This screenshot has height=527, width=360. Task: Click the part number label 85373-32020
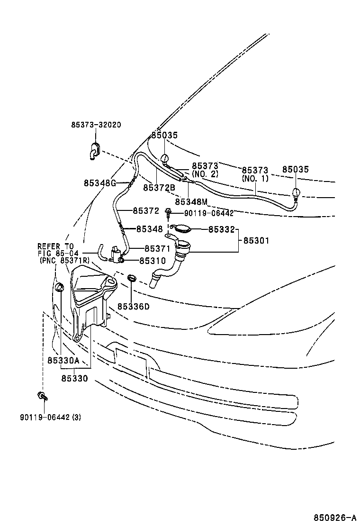pyautogui.click(x=96, y=125)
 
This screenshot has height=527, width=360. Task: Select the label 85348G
pyautogui.click(x=100, y=183)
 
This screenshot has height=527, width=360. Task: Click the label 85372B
pyautogui.click(x=159, y=188)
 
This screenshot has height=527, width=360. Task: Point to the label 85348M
pyautogui.click(x=191, y=201)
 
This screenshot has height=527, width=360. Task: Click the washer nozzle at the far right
pyautogui.click(x=296, y=194)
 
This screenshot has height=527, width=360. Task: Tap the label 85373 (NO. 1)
pyautogui.click(x=255, y=174)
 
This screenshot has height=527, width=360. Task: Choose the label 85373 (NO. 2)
pyautogui.click(x=205, y=170)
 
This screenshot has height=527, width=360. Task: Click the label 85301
pyautogui.click(x=256, y=241)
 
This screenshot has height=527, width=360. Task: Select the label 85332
pyautogui.click(x=221, y=229)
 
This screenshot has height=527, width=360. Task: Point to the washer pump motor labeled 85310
pyautogui.click(x=116, y=254)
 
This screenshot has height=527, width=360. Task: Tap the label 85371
pyautogui.click(x=157, y=248)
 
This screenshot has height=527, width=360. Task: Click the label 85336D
pyautogui.click(x=133, y=307)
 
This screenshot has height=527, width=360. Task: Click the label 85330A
pyautogui.click(x=63, y=361)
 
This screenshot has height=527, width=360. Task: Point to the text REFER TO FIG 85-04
pyautogui.click(x=55, y=249)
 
